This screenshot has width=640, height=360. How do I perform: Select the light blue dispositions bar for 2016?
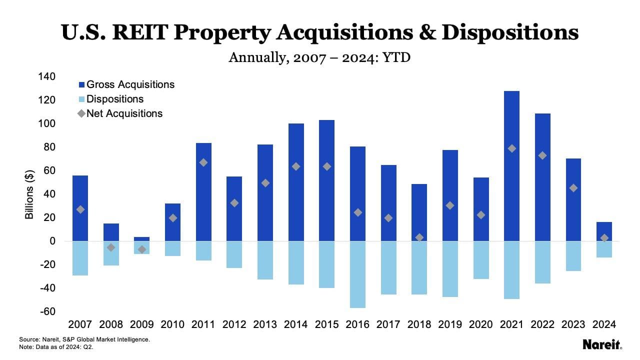pyautogui.click(x=357, y=274)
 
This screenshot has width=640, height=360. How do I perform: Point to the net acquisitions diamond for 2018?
pyautogui.click(x=419, y=237)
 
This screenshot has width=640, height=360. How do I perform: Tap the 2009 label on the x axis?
pyautogui.click(x=141, y=325)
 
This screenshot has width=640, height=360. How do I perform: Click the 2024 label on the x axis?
pyautogui.click(x=603, y=325)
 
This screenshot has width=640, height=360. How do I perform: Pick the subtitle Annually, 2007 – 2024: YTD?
pyautogui.click(x=319, y=57)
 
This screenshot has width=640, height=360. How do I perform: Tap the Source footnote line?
pyautogui.click(x=84, y=339)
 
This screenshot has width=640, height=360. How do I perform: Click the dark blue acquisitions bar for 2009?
pyautogui.click(x=141, y=239)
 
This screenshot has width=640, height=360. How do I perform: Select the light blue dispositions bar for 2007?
pyautogui.click(x=80, y=258)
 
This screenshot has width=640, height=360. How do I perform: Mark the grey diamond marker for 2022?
pyautogui.click(x=542, y=155)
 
